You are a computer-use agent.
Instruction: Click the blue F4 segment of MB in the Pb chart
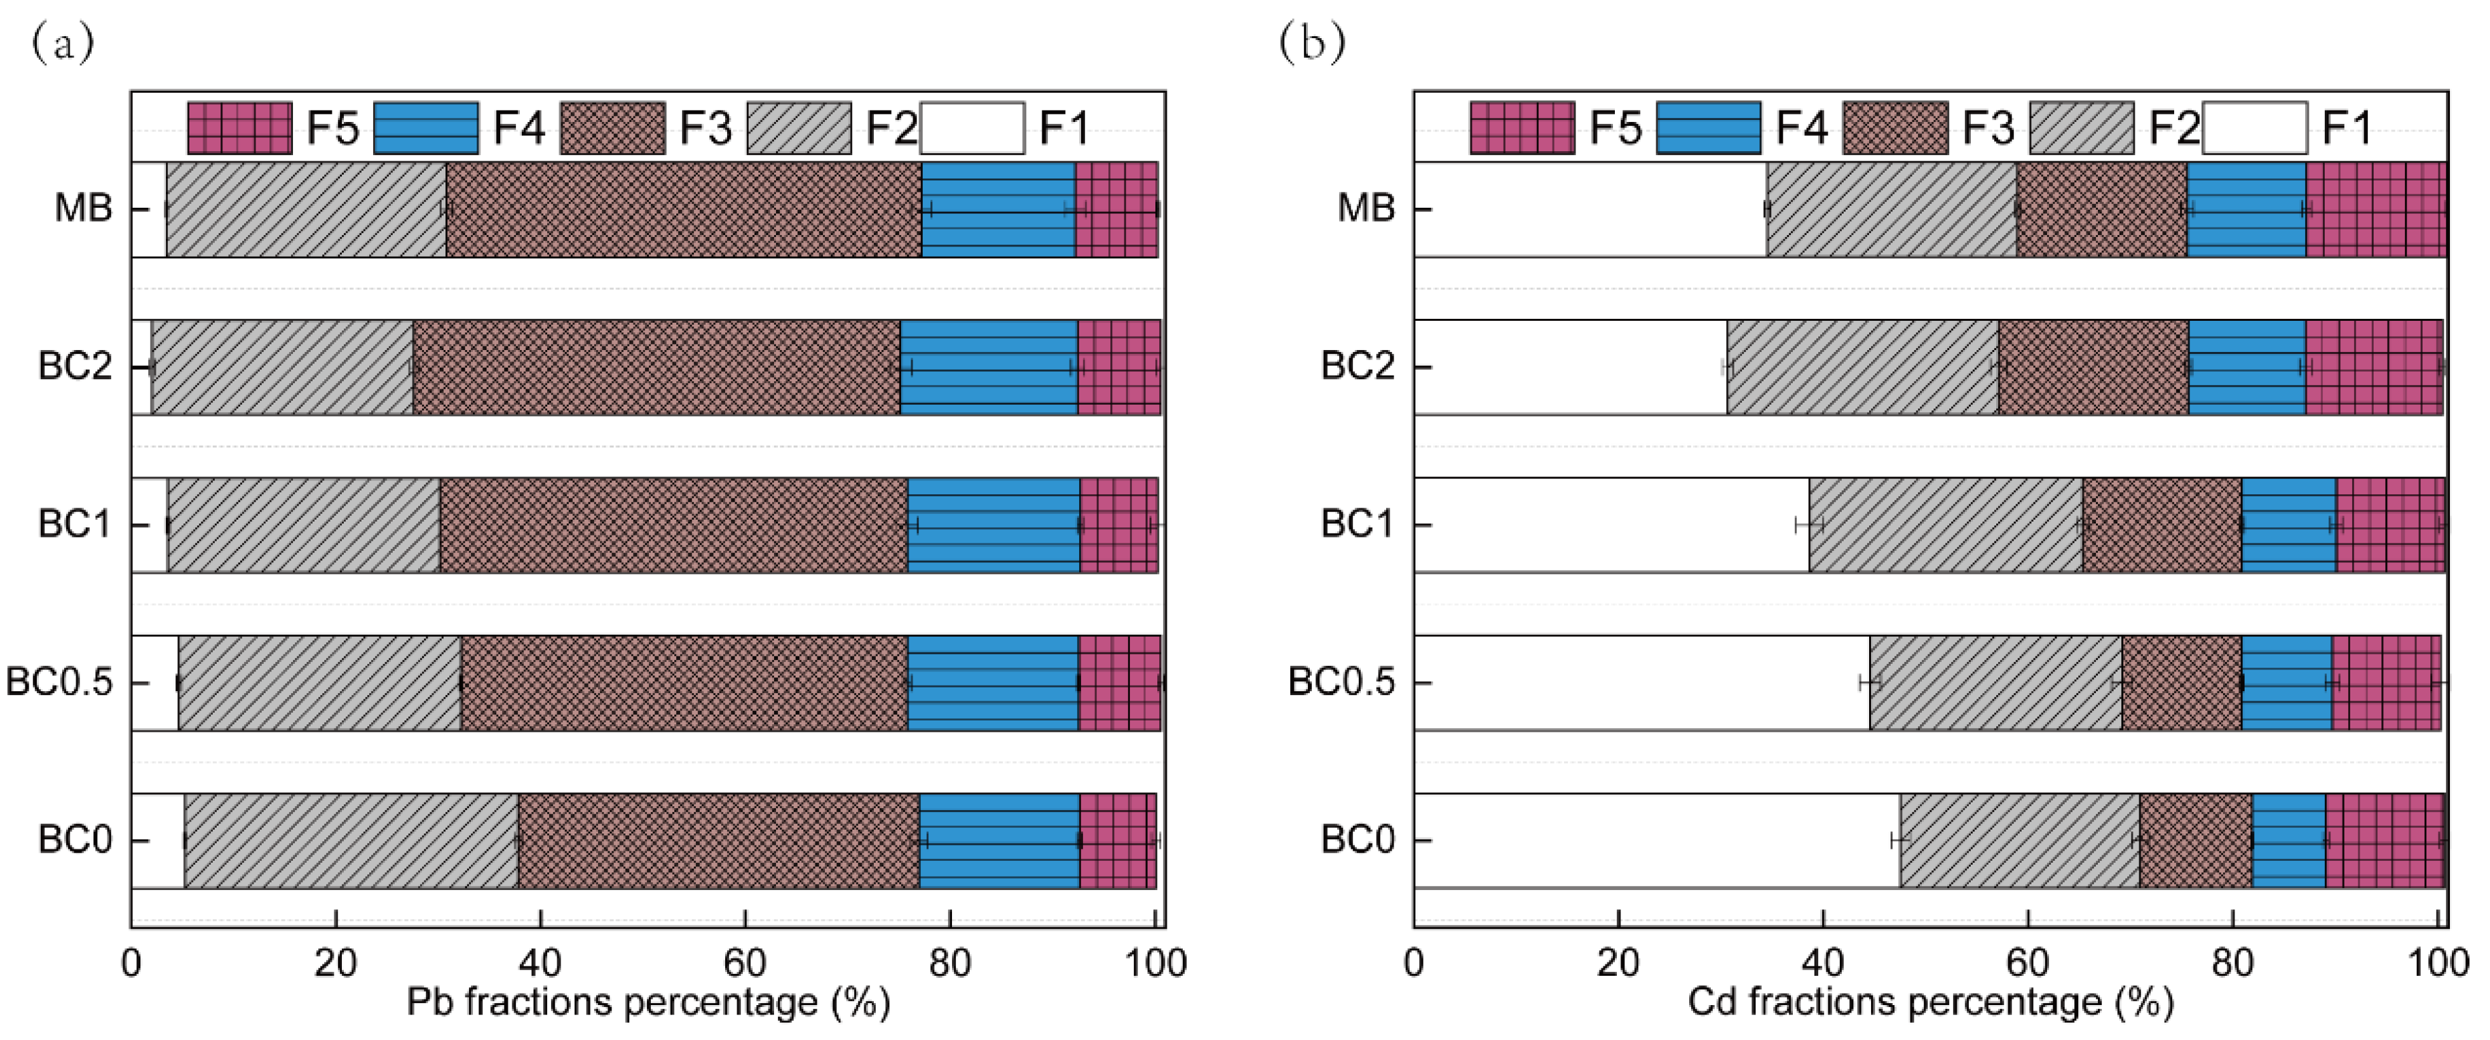coord(998,209)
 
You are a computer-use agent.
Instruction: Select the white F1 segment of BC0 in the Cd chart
coord(1655,840)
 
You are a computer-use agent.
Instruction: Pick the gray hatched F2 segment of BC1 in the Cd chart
coord(1945,525)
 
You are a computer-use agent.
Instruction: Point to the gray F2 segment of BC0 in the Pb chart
coord(350,840)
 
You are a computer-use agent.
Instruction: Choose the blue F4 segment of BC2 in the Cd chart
coord(2247,367)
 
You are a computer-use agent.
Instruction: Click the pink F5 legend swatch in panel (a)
coord(239,128)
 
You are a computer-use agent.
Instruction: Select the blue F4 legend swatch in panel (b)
coord(1708,128)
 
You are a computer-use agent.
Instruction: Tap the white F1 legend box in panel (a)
coord(972,128)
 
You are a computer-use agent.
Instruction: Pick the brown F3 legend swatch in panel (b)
coord(1895,128)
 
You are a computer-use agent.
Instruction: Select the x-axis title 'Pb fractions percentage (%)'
coord(648,1003)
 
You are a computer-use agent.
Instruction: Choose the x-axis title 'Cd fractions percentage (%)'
coord(1930,1003)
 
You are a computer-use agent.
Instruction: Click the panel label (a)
coord(63,43)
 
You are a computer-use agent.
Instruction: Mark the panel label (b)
coord(1312,43)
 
